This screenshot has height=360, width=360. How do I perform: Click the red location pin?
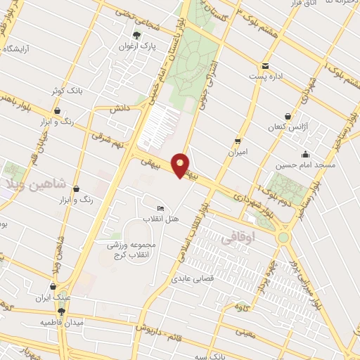[181, 165]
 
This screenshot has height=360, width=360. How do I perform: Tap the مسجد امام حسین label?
[305, 165]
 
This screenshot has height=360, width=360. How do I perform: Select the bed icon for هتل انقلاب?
[161, 209]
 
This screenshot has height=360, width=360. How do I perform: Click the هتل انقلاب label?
[161, 219]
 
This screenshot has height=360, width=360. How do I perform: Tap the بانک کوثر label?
[67, 91]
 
